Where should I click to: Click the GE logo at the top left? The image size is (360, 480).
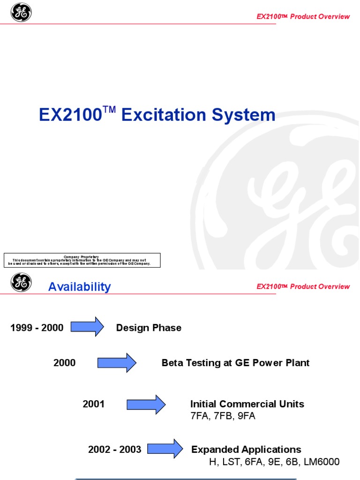(x=21, y=12)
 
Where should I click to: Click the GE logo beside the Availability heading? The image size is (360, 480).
(x=21, y=283)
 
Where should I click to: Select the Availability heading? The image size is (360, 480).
(x=79, y=287)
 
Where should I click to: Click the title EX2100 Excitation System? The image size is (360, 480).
(x=157, y=115)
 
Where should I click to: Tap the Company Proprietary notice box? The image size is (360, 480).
(x=82, y=261)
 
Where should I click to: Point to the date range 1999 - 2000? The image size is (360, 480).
(x=37, y=328)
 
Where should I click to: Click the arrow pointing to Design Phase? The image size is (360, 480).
(x=87, y=327)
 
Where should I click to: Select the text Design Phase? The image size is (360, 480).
(x=149, y=328)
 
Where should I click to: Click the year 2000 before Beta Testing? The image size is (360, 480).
(x=64, y=363)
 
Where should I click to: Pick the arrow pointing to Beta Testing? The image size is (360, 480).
(x=116, y=362)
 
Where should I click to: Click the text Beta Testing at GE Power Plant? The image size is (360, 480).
(x=235, y=363)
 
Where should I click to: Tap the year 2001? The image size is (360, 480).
(x=94, y=404)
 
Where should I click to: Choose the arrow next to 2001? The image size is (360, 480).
(x=146, y=404)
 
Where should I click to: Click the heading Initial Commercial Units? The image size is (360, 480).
(x=247, y=404)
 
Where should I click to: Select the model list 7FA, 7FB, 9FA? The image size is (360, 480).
(x=223, y=416)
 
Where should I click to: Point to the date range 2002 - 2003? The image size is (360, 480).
(x=114, y=450)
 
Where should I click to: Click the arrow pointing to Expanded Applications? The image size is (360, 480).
(x=165, y=449)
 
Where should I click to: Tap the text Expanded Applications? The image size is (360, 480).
(x=246, y=450)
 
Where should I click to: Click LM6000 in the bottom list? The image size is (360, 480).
(x=322, y=462)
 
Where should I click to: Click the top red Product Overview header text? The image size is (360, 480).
(x=303, y=16)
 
